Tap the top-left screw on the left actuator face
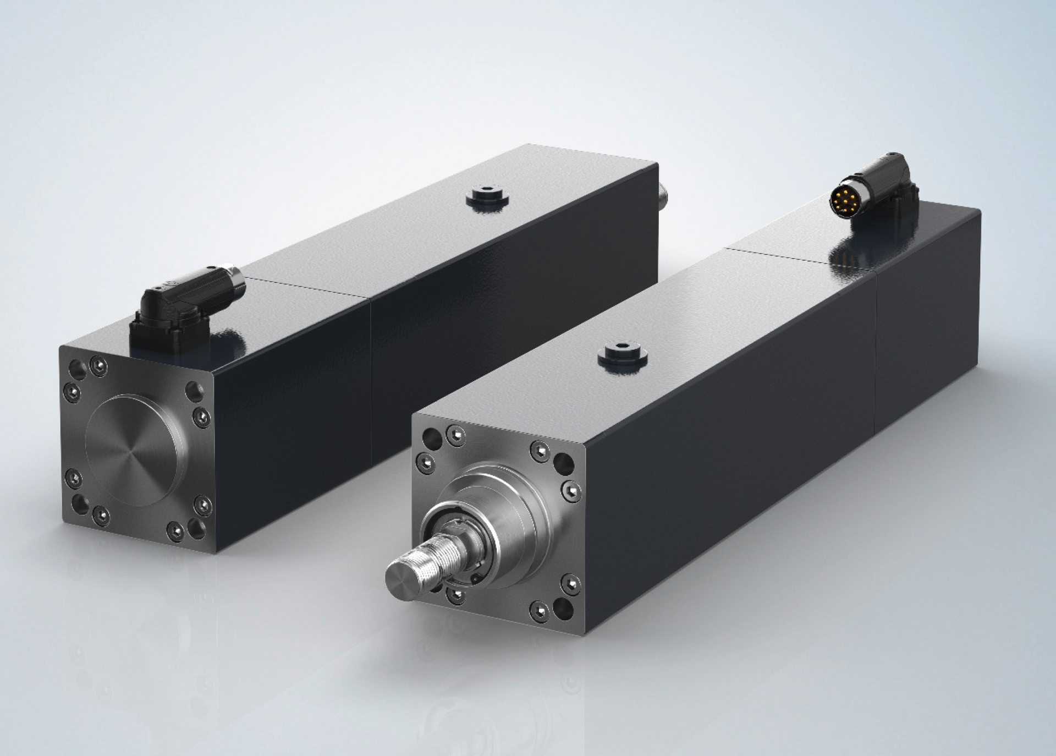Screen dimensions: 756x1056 (100, 366)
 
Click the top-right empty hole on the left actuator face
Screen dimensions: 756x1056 (192, 391)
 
